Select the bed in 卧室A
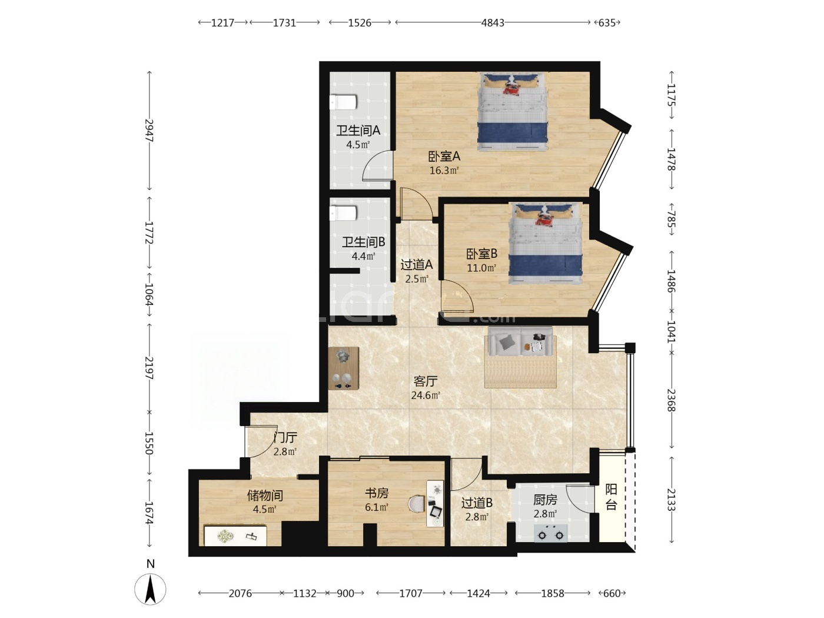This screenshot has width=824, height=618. [x=512, y=112]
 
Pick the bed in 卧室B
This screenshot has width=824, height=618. [x=546, y=244]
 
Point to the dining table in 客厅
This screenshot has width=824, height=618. [x=344, y=368]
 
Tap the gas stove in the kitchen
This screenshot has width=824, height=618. [x=550, y=533]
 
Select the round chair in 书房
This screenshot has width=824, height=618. [x=417, y=504]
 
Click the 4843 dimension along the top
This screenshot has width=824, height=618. [x=493, y=23]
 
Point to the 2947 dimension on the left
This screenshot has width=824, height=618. [x=149, y=130]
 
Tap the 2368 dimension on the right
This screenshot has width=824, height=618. [x=671, y=400]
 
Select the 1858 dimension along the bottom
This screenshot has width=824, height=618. [x=553, y=593]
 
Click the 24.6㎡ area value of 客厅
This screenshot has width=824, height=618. [x=426, y=396]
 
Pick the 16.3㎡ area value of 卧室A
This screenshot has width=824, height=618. [x=444, y=171]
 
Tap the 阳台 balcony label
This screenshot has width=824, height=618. [x=611, y=497]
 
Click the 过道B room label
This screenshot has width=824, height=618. [x=477, y=503]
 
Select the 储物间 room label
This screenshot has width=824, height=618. [x=265, y=496]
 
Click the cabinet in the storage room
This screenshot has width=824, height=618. [x=235, y=536]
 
